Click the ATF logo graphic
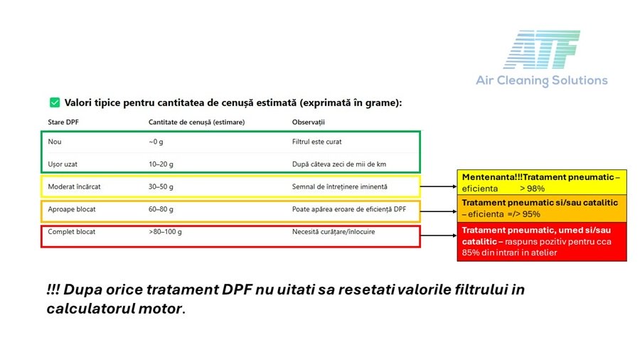coord(542,49)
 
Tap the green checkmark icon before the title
coord(55,102)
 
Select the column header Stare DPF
coord(63,122)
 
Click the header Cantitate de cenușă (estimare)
coord(197,122)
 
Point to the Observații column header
coord(309,122)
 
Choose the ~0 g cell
coord(156,142)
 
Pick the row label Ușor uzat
coord(63,164)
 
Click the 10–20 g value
coord(161,164)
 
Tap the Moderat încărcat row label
coord(74,186)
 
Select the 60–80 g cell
coord(161,209)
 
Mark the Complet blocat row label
coord(71,231)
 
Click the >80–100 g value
coord(165,231)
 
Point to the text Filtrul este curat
coord(316,142)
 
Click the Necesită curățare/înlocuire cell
coord(334,231)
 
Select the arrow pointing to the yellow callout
coord(438,186)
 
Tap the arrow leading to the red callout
coord(438,235)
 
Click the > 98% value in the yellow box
coord(532,189)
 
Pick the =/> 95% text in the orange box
coord(523,214)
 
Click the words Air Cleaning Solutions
coord(542,80)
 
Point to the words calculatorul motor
coord(116,309)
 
